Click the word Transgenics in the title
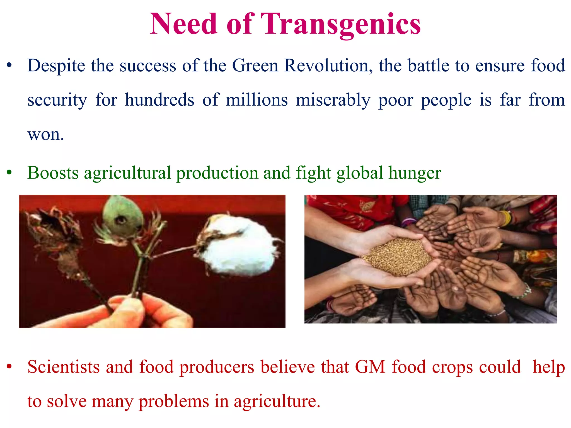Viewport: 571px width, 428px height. click(341, 24)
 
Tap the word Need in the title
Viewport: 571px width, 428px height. click(183, 24)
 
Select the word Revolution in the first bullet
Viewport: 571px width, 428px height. click(328, 66)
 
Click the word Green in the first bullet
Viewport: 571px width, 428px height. click(255, 66)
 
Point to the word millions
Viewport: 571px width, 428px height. click(257, 100)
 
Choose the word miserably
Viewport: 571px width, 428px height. click(333, 100)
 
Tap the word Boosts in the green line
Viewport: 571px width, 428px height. click(53, 173)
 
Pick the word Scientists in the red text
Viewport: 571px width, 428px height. click(64, 367)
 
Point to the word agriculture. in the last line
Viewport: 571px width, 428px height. click(277, 402)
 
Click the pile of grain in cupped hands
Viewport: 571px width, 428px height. click(399, 256)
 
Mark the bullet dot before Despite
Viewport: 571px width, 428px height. click(9, 66)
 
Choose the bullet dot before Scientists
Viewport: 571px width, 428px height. click(9, 367)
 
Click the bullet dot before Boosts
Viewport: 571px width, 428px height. click(9, 173)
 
